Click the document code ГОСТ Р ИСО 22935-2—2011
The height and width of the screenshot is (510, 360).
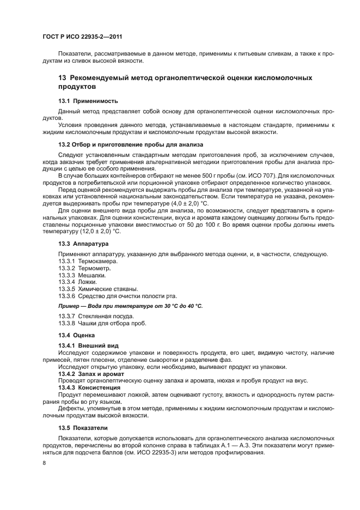tap(82, 36)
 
